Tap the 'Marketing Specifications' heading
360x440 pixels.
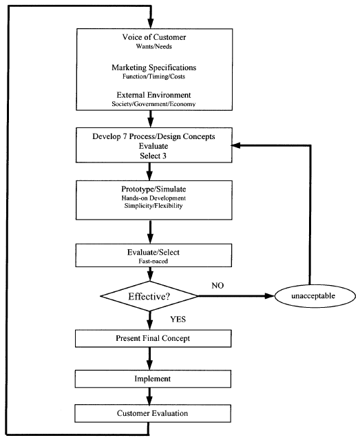149,67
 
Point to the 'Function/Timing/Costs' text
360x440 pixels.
149,78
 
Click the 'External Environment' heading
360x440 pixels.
149,95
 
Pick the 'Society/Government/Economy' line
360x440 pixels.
149,105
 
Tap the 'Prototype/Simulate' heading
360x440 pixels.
149,189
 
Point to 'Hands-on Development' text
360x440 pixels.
149,198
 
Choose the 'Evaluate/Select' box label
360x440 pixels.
149,253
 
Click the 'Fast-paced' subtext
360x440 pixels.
149,263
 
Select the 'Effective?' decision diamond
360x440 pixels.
149,297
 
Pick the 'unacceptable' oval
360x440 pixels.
313,297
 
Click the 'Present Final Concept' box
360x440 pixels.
149,339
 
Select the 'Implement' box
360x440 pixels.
149,378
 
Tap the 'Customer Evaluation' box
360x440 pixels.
149,413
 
